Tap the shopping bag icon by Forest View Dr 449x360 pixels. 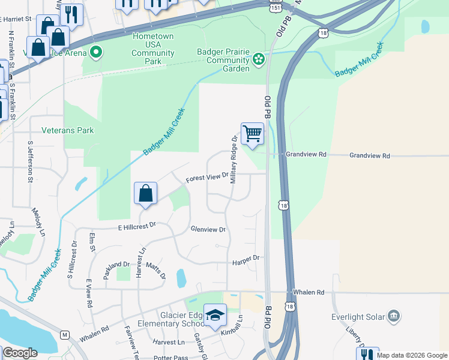tap(145, 194)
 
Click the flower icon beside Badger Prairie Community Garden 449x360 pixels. tap(259, 59)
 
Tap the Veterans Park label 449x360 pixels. tap(68, 130)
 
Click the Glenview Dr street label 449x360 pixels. tap(208, 230)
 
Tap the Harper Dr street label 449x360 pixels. tap(246, 257)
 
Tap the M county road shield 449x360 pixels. tap(64, 334)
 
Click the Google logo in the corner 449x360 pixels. tap(20, 353)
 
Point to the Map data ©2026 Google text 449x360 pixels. tap(412, 355)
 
